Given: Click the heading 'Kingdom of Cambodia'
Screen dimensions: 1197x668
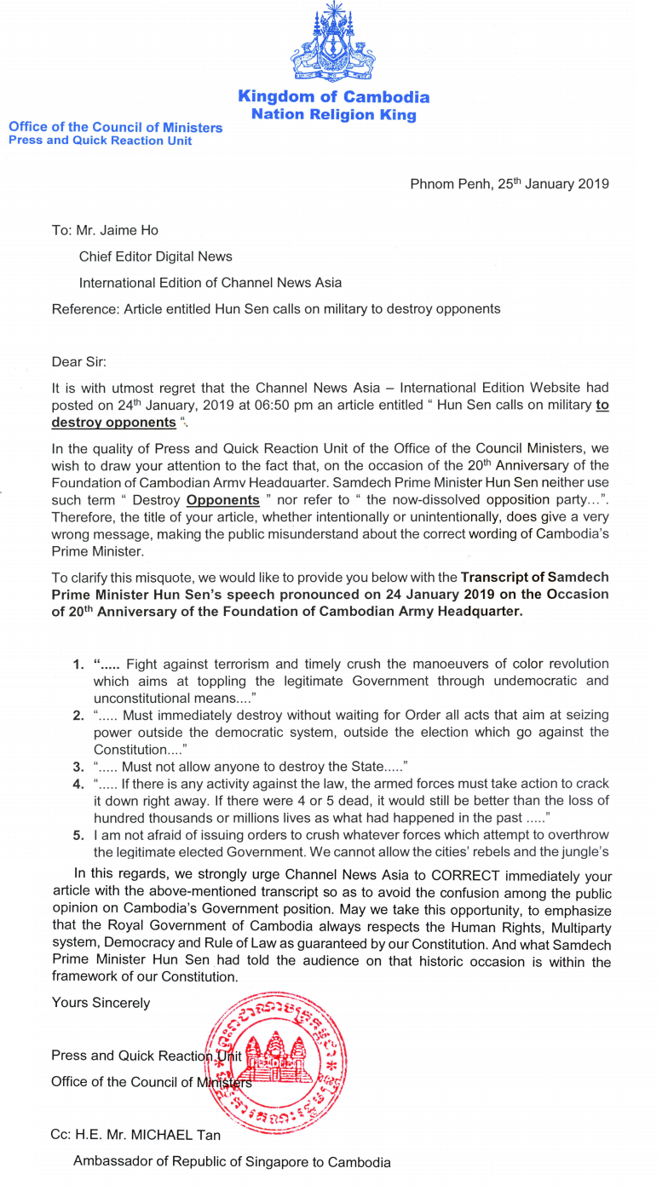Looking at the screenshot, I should [334, 97].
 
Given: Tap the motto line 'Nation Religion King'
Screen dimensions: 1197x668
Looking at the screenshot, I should [334, 114].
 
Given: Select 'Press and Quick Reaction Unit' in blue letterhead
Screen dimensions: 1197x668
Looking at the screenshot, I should [100, 141].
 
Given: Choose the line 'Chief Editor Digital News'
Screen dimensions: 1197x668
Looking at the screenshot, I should [155, 256].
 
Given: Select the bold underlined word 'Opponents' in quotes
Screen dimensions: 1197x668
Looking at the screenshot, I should [222, 500].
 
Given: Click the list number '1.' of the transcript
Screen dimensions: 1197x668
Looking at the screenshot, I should [78, 663].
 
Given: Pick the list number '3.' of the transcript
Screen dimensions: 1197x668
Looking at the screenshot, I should [78, 767].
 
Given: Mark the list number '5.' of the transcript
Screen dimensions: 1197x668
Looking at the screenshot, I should [78, 835].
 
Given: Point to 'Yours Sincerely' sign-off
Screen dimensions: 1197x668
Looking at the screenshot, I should [101, 1003].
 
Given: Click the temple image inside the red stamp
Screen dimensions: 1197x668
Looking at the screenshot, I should [274, 1055].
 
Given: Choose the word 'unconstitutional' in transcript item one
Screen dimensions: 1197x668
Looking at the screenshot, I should [142, 698].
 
